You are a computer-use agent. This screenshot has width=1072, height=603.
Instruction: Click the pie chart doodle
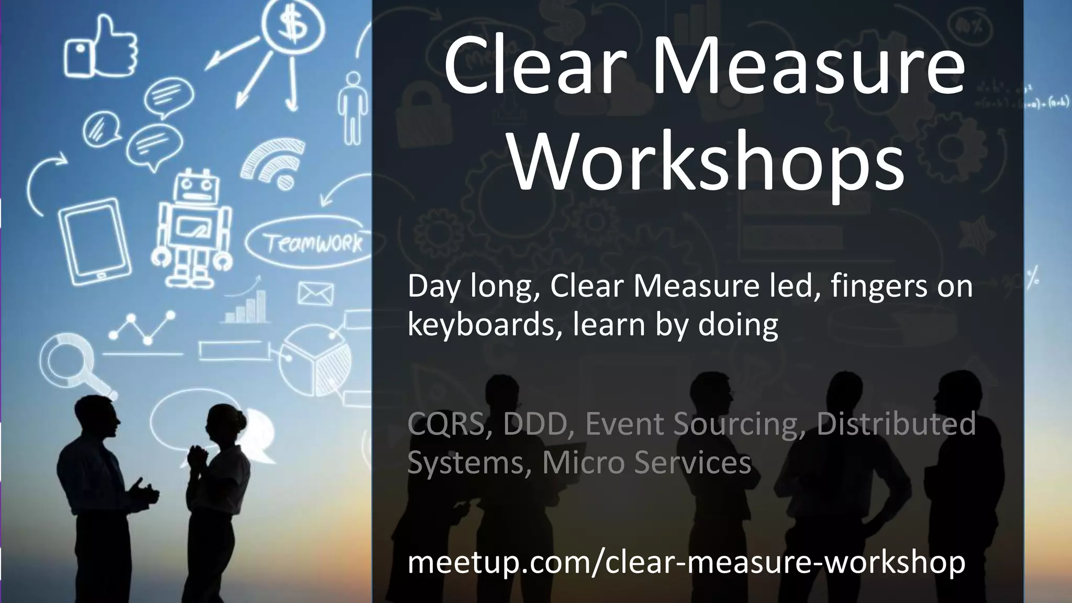click(x=315, y=361)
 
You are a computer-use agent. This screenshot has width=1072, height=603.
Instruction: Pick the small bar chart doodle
click(x=246, y=309)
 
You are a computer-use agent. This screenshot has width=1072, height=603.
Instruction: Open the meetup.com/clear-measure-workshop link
click(x=686, y=562)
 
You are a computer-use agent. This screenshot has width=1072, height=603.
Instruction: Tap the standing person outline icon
click(x=353, y=107)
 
